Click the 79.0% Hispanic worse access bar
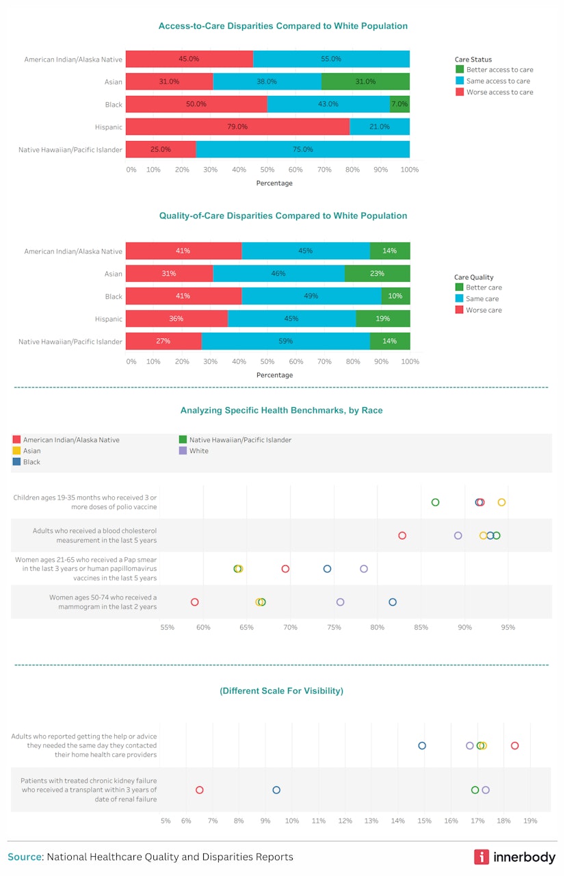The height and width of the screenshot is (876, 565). pos(237,127)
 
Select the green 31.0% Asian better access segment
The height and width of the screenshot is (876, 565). pos(365,81)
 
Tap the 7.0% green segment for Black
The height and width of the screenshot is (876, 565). pos(399,104)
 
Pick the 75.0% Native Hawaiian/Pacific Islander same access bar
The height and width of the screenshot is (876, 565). pos(302,149)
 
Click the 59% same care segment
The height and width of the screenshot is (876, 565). pos(285,341)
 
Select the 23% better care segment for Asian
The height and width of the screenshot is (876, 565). pos(377,274)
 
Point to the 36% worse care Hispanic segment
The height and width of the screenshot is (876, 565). pos(176,319)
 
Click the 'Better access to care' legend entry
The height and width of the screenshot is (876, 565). pos(494,70)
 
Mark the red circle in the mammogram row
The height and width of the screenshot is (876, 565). pos(194,602)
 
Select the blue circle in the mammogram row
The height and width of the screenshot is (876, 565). pos(393,602)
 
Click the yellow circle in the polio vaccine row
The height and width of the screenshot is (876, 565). pos(501,502)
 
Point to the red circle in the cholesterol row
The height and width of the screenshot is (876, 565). pos(402,536)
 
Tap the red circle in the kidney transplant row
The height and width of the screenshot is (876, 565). pos(200,790)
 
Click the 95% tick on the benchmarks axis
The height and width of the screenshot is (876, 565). pos(508,627)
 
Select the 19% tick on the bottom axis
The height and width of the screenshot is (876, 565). pos(530,821)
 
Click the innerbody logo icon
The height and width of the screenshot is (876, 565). pos(482,857)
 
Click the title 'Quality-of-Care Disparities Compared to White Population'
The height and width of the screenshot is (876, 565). pos(282,216)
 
